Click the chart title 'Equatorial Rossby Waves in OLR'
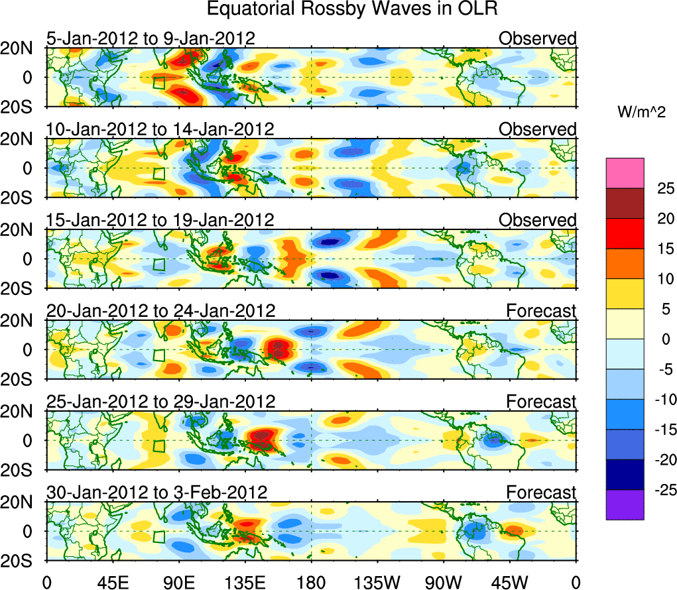tap(351, 9)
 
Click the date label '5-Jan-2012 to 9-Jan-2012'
tap(151, 38)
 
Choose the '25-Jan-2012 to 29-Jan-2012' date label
tap(160, 402)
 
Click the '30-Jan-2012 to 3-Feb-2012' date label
tap(156, 493)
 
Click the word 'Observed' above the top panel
tap(537, 38)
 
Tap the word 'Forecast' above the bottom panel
tap(541, 493)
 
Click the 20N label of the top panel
tap(22, 48)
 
